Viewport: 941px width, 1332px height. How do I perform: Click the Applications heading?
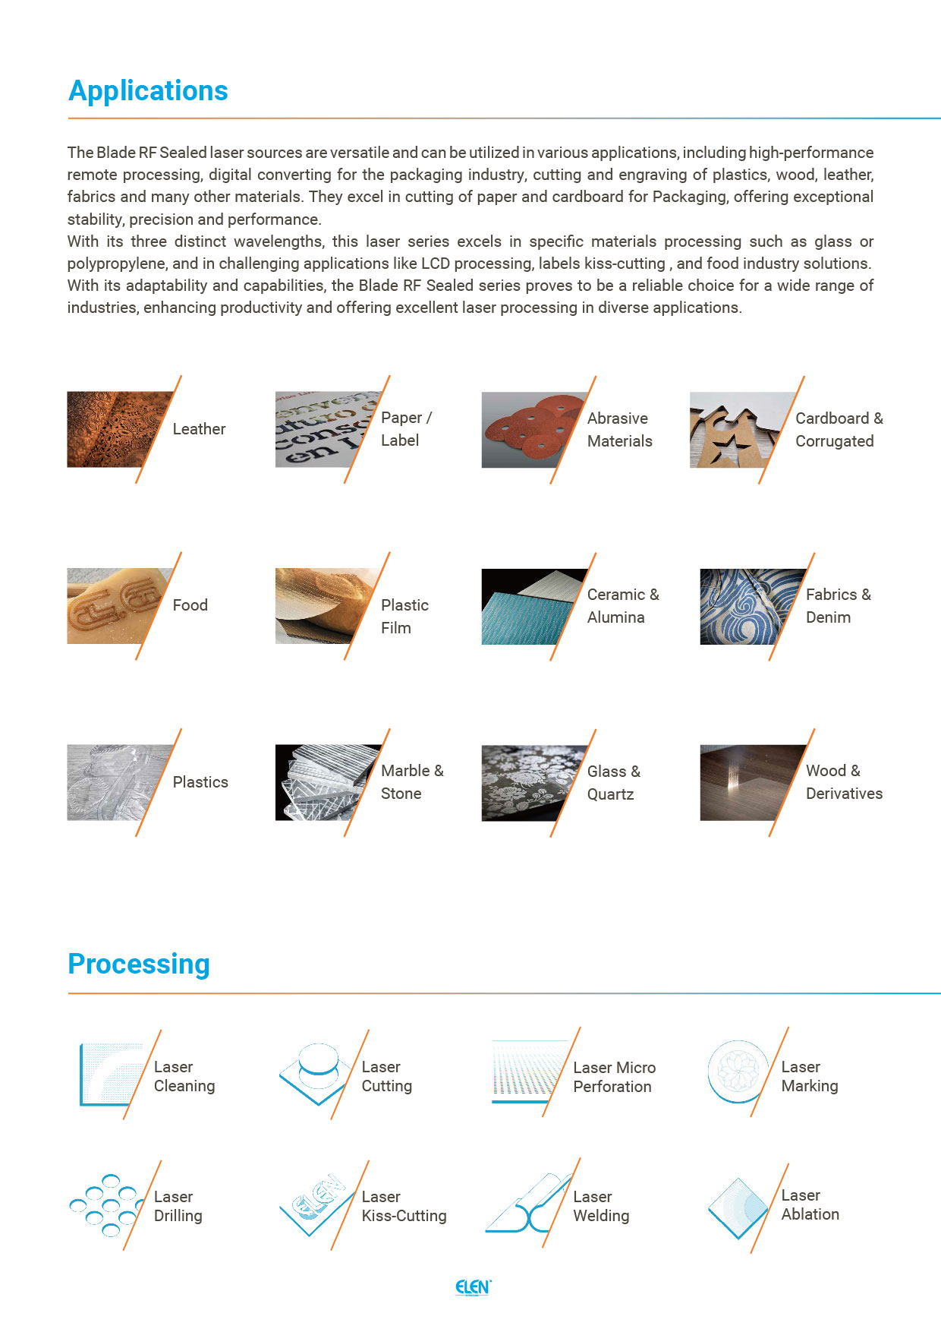coord(148,91)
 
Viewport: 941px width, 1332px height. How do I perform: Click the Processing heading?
coord(139,964)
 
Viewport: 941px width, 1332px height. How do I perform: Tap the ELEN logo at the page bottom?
coord(473,1287)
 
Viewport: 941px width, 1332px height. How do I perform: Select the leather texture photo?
coord(114,429)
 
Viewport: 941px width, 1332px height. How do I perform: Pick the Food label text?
coord(190,605)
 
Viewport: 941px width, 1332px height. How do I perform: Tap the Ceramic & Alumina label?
coord(622,606)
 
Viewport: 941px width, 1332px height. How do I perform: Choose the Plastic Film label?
coord(404,617)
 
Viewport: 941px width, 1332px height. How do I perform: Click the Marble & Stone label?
coord(411,782)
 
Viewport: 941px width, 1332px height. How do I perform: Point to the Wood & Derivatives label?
coord(843,782)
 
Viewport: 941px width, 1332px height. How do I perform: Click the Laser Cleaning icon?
coord(110,1075)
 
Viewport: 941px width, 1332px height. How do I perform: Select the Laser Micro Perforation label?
coord(614,1077)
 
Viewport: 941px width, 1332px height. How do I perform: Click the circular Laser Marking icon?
coord(736,1072)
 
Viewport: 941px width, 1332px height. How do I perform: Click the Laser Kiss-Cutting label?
coord(404,1206)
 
